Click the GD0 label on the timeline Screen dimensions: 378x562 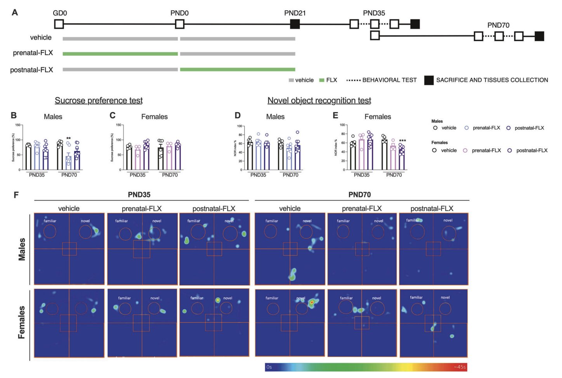pos(60,13)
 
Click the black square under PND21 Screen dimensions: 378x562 pos(295,24)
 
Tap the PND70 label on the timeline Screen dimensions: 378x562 pos(498,25)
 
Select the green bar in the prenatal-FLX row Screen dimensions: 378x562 pos(120,54)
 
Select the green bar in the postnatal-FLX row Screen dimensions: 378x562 pos(238,69)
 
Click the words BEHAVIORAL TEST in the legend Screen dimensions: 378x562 pos(389,80)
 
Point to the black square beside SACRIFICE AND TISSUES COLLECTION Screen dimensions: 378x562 pos(428,80)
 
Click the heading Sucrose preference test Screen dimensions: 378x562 pos(99,101)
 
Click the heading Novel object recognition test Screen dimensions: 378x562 pos(319,101)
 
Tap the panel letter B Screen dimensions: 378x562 pos(14,115)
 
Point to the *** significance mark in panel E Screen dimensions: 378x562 pos(402,141)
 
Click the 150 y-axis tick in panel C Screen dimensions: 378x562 pos(119,125)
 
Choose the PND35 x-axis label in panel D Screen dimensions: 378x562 pos(258,175)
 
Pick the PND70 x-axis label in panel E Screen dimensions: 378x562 pos(394,175)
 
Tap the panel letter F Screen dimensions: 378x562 pos(16,195)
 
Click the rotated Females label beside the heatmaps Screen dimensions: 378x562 pos(22,322)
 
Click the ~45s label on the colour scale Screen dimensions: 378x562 pos(460,367)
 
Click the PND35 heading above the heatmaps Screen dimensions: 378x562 pos(139,195)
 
